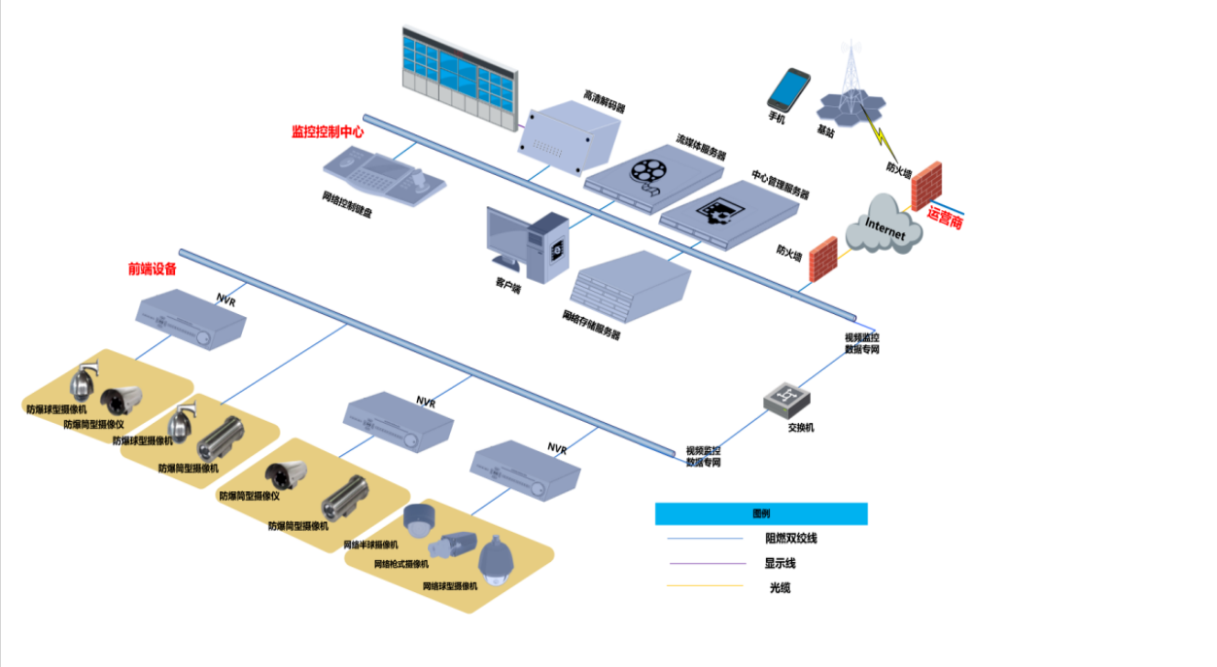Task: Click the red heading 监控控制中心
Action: (328, 131)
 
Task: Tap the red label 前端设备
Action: (153, 268)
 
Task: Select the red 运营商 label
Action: (944, 220)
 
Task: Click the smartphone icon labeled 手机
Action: (788, 88)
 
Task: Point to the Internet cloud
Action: (883, 228)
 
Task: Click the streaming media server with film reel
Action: (653, 172)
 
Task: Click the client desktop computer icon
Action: (527, 243)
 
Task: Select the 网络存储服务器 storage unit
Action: (632, 287)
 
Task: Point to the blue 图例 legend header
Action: (760, 513)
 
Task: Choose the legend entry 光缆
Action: (780, 587)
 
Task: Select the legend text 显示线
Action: (782, 563)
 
